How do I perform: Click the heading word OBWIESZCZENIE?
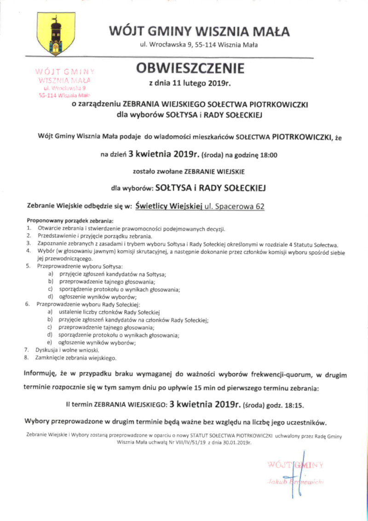(x=190, y=69)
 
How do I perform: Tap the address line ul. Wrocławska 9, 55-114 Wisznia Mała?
(x=199, y=45)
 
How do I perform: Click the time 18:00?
(x=267, y=155)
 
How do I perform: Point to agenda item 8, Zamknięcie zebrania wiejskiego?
(x=76, y=357)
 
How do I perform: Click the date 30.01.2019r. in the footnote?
(x=230, y=442)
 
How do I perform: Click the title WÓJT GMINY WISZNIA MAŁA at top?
(x=199, y=32)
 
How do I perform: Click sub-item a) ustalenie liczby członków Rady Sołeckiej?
(x=109, y=312)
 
